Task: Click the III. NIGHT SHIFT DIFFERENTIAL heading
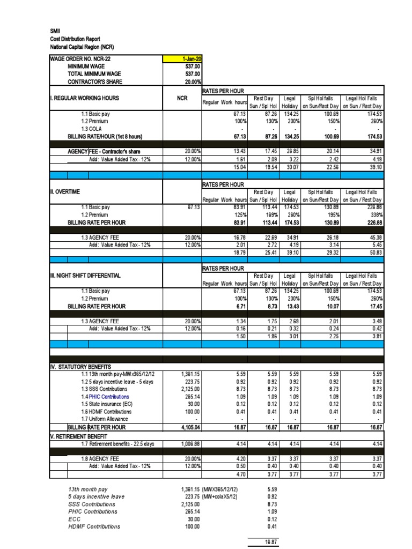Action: pyautogui.click(x=85, y=275)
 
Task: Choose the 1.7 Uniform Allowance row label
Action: pyautogui.click(x=105, y=419)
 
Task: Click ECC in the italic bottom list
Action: pyautogui.click(x=74, y=519)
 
